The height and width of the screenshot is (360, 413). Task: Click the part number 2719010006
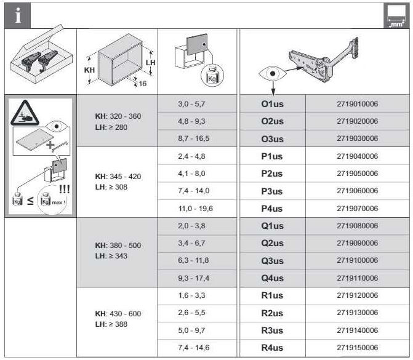357,104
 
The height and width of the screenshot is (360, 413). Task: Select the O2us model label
272,121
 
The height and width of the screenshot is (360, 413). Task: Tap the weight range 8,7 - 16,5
194,138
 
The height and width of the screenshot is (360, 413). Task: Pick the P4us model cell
272,209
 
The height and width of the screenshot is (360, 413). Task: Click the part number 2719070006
357,209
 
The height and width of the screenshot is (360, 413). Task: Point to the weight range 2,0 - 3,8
191,226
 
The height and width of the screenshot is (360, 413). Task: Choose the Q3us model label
272,261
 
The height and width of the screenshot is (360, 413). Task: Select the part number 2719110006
357,278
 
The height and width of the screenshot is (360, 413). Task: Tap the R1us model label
272,295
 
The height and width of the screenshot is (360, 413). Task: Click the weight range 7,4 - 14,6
194,347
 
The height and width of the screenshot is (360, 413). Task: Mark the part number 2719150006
357,347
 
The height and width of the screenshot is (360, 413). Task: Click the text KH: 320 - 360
118,116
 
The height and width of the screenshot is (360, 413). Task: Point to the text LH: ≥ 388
111,324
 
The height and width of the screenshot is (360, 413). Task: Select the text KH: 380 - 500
118,245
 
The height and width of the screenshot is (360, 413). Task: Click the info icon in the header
18,15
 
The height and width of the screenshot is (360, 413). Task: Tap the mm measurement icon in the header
396,16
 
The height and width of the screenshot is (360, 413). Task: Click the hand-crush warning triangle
25,113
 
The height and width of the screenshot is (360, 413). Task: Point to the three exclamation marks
64,189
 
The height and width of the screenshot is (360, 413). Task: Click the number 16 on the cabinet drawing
143,84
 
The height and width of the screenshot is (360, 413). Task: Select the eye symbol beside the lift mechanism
273,73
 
